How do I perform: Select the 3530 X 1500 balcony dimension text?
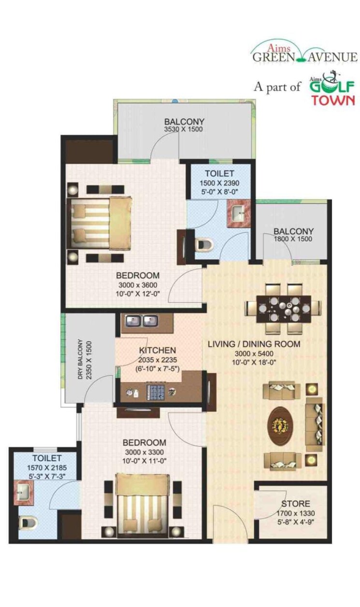click(183, 129)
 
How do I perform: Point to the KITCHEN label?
click(157, 350)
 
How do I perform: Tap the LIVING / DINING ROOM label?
click(254, 344)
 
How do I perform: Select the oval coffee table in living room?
click(281, 425)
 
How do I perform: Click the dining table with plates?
click(282, 308)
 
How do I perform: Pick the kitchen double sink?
click(142, 321)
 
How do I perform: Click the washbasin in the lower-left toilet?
click(22, 494)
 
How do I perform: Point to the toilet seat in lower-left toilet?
click(27, 523)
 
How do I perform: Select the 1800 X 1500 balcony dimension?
click(293, 239)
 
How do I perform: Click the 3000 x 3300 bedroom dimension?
click(144, 452)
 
